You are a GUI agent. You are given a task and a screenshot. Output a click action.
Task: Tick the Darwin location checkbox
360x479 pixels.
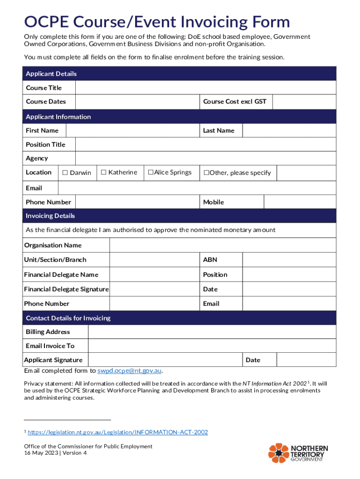(x=65, y=173)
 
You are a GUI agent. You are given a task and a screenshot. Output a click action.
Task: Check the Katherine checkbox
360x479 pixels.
(x=104, y=173)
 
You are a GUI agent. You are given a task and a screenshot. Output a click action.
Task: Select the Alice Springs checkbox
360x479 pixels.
(x=151, y=173)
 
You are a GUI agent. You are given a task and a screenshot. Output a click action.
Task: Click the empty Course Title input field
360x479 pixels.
(x=206, y=88)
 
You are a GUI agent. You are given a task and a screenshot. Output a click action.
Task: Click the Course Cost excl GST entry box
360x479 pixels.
(x=304, y=102)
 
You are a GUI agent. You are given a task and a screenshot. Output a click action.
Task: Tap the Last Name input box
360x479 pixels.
(x=289, y=131)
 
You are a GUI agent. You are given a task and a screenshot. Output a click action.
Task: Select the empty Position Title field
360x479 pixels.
(x=206, y=145)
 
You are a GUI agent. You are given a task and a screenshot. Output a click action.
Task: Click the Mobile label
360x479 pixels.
(x=213, y=202)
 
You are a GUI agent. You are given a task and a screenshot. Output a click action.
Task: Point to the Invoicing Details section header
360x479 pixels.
(x=50, y=216)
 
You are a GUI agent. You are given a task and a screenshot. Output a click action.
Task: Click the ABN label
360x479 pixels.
(x=210, y=260)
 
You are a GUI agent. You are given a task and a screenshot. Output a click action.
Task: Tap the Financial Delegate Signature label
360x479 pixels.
(x=66, y=289)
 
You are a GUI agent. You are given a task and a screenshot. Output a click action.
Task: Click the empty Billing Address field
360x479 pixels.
(x=212, y=332)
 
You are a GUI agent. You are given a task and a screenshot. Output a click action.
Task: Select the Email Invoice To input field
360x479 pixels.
(x=212, y=346)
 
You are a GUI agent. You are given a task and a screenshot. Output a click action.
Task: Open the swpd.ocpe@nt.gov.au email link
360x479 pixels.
(x=129, y=371)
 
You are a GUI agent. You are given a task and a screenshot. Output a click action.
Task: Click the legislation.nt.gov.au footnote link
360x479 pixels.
(x=118, y=432)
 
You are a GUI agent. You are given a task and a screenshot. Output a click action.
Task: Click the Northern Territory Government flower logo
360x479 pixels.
(x=279, y=453)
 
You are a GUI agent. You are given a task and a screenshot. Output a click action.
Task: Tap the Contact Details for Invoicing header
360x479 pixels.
(x=68, y=318)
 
